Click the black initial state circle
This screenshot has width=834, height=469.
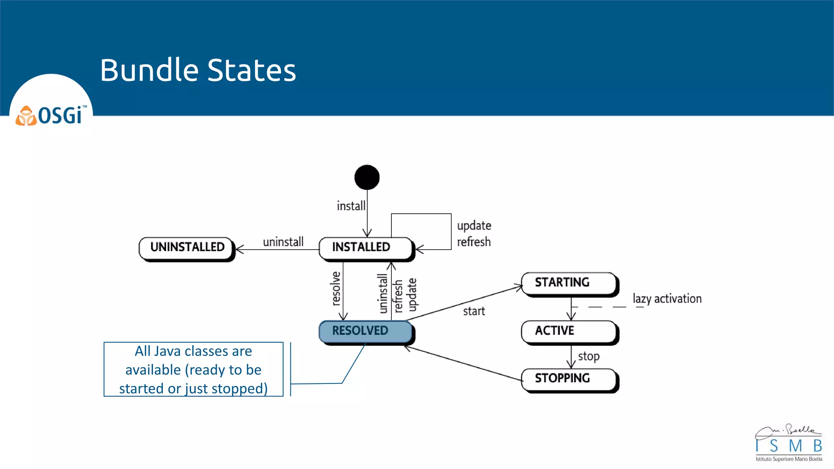(x=367, y=178)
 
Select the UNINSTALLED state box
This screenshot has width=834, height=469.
(x=187, y=248)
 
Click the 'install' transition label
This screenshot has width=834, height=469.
(x=351, y=206)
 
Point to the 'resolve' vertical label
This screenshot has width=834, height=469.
(x=336, y=289)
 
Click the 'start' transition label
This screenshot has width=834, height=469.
(x=474, y=311)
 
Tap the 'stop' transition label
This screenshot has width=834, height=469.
(x=589, y=357)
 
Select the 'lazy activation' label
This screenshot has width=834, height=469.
(x=667, y=299)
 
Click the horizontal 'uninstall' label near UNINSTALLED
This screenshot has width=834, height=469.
(x=283, y=242)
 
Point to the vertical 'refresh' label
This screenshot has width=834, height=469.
(x=398, y=296)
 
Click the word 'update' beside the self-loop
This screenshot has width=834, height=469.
(x=474, y=226)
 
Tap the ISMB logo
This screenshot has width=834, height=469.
(x=788, y=444)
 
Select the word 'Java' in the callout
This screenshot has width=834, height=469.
(x=168, y=351)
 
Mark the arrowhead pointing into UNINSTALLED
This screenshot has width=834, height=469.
(x=239, y=249)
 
